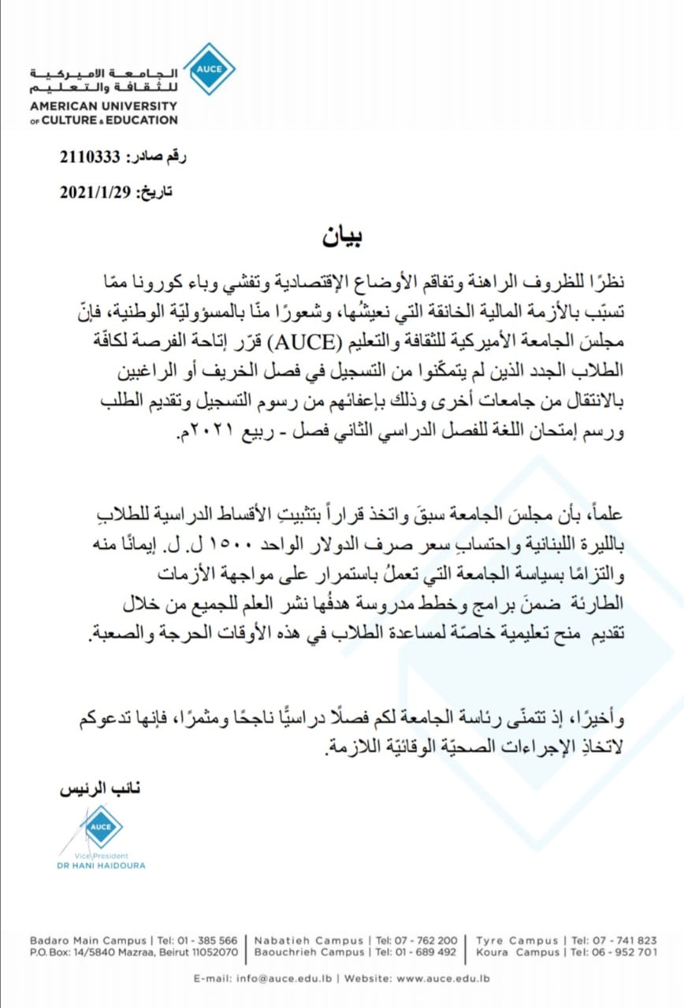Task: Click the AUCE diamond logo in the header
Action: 209,69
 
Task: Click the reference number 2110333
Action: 89,157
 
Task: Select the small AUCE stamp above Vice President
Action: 101,826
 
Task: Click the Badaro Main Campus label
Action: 88,940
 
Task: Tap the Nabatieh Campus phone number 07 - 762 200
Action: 426,940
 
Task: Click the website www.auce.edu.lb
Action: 443,978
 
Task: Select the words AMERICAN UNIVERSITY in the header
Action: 103,106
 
